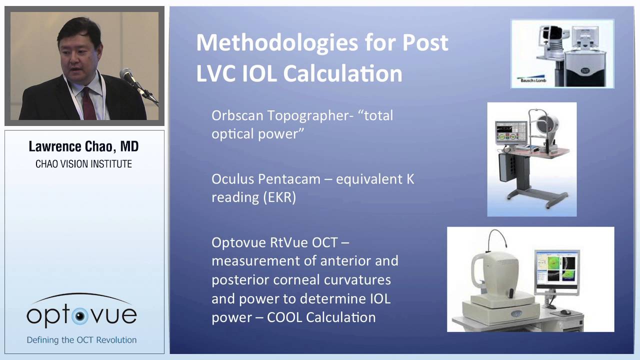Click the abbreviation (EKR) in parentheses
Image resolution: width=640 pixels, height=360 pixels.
click(279, 197)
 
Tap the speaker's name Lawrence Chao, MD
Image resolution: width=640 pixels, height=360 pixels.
click(83, 146)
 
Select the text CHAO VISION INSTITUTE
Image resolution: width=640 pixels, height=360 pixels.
click(83, 164)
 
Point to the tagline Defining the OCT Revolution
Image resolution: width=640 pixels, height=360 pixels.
click(81, 340)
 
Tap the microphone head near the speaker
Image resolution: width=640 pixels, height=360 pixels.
click(126, 75)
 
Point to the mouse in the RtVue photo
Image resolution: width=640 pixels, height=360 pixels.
click(565, 312)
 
